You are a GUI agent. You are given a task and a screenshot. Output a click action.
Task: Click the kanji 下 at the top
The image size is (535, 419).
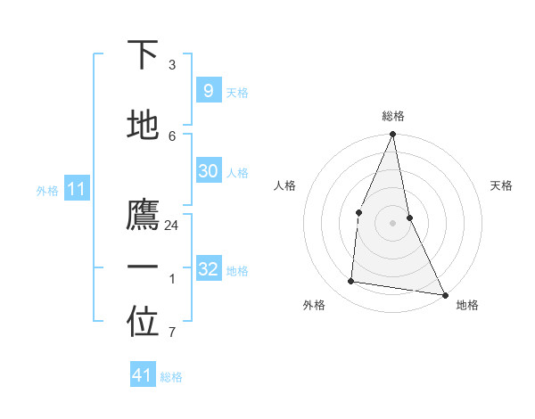pyautogui.click(x=143, y=55)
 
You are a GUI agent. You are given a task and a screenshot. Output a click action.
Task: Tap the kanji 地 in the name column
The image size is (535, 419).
pyautogui.click(x=143, y=125)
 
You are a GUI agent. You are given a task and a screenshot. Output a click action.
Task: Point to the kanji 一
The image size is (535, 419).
pyautogui.click(x=143, y=267)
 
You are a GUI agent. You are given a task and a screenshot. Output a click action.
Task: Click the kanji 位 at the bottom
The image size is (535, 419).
pyautogui.click(x=143, y=324)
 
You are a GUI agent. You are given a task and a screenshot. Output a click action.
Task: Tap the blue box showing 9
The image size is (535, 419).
pyautogui.click(x=208, y=90)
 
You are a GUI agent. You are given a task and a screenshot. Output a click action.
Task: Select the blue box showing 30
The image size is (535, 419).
pyautogui.click(x=208, y=171)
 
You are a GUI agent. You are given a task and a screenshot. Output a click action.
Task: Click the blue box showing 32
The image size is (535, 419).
pyautogui.click(x=208, y=269)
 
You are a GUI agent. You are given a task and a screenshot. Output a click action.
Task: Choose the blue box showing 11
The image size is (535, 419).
pyautogui.click(x=78, y=189)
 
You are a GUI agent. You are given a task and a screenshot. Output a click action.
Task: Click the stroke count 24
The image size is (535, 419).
pyautogui.click(x=171, y=226)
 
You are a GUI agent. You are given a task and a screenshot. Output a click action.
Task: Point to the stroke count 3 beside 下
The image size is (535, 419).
pyautogui.click(x=171, y=65)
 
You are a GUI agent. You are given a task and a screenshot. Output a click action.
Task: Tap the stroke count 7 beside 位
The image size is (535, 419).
pyautogui.click(x=171, y=333)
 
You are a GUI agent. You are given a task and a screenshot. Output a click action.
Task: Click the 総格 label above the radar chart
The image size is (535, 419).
pyautogui.click(x=393, y=116)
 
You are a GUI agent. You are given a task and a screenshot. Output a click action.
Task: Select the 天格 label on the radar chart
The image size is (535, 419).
pyautogui.click(x=501, y=185)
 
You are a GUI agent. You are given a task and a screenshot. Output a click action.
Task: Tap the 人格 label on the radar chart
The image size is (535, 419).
pyautogui.click(x=284, y=185)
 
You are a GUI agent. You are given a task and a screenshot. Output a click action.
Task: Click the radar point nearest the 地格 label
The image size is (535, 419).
pyautogui.click(x=444, y=294)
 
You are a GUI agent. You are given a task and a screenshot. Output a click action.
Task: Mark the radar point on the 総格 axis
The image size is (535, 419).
pyautogui.click(x=393, y=135)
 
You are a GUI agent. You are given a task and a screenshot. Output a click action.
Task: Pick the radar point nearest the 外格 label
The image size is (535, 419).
pyautogui.click(x=351, y=282)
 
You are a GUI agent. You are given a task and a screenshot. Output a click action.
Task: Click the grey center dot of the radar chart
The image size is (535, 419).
pyautogui.click(x=393, y=222)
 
